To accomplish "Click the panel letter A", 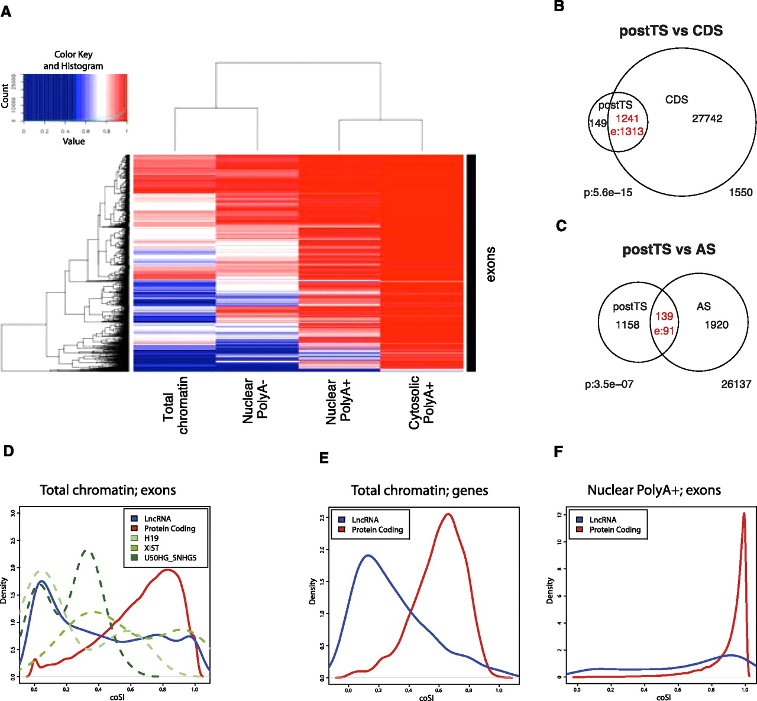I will pos(6,11).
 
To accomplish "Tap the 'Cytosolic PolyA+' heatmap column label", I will pos(422,402).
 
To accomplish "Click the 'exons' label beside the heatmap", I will pos(490,264).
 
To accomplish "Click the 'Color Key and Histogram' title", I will pos(73,60).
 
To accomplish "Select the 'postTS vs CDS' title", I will pos(671,31).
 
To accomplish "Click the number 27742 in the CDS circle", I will pos(707,118).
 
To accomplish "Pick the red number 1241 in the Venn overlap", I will pos(627,118).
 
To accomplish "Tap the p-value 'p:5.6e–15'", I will pos(608,192).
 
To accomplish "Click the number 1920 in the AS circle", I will pos(716,324).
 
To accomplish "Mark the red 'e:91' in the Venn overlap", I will pos(664,331).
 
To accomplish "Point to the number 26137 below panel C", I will pos(736,384).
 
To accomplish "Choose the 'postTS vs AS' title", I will pos(669,249).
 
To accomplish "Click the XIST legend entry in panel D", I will pos(151,548).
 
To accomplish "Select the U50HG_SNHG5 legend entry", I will pos(170,557).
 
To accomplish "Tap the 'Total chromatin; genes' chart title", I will pos(419,491).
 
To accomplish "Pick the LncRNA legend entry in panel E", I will pos(365,520).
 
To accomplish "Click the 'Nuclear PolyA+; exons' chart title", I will pos(654,490).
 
